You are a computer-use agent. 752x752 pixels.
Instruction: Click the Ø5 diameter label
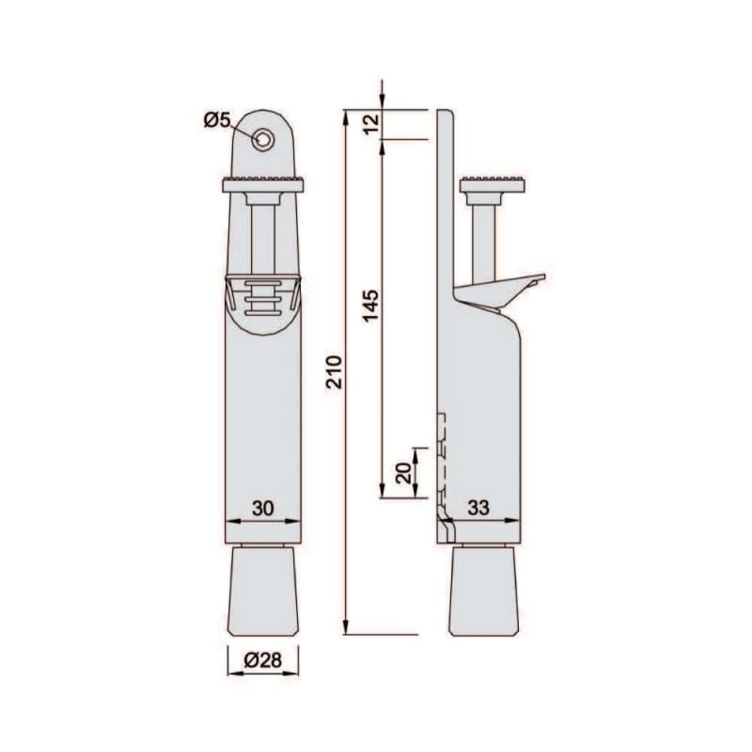(x=217, y=119)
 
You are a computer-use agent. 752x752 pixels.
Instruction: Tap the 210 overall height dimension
(x=334, y=371)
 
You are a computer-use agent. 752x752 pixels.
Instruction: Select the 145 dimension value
(x=370, y=305)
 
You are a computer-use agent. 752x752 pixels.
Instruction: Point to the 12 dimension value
(x=371, y=123)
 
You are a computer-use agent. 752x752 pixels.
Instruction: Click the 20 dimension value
(x=404, y=473)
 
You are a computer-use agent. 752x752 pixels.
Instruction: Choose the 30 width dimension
(x=263, y=509)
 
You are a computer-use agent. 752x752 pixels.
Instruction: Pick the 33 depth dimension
(x=478, y=508)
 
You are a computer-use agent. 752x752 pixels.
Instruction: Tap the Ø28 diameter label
(x=263, y=661)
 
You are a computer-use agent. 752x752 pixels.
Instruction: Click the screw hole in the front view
(x=263, y=140)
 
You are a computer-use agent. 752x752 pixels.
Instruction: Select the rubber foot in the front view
(x=263, y=592)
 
